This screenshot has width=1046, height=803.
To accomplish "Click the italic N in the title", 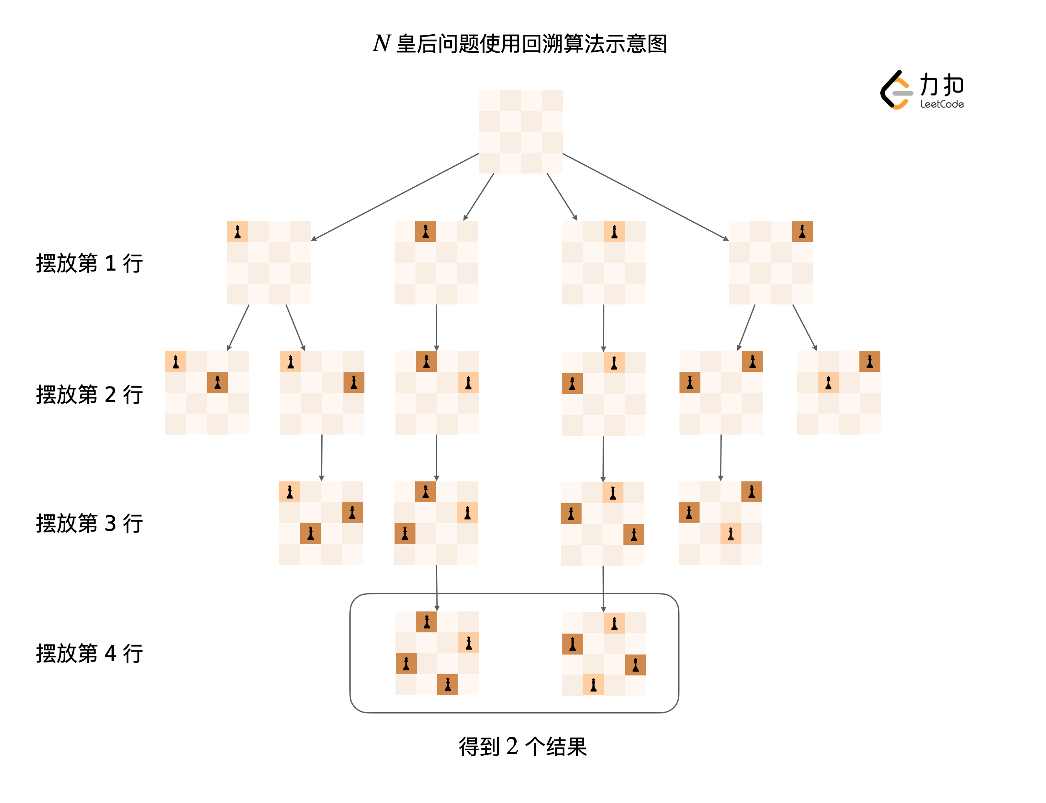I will point(381,43).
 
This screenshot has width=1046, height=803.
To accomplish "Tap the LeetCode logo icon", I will point(895,90).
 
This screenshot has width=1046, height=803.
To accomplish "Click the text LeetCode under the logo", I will point(941,104).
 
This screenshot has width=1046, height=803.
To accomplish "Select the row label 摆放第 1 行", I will point(90,263).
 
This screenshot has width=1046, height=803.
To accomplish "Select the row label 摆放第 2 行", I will point(90,394).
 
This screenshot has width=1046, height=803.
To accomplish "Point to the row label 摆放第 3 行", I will point(90,523).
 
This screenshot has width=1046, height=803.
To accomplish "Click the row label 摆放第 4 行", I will point(90,653).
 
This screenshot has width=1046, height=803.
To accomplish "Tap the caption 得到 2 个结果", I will point(523,746).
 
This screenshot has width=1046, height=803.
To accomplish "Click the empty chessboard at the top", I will point(520,131).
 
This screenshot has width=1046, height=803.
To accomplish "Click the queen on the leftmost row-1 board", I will point(238,232).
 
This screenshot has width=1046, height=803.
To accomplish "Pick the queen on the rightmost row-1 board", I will point(802,232).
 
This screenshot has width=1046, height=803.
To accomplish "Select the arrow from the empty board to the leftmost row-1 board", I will point(395,197).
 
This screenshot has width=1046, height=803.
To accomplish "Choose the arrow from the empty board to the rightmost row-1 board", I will point(646,197).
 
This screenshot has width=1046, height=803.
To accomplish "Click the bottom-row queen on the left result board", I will point(447,685).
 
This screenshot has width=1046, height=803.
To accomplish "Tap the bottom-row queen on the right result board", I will point(593,685).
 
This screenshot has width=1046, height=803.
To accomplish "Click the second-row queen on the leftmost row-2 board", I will point(218,382).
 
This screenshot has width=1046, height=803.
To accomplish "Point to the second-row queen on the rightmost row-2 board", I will point(828,382).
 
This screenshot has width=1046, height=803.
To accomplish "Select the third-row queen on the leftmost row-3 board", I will point(310,533).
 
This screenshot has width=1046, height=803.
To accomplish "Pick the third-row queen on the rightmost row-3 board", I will point(731,533).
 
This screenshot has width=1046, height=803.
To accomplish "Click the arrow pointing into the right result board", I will point(603,589).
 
